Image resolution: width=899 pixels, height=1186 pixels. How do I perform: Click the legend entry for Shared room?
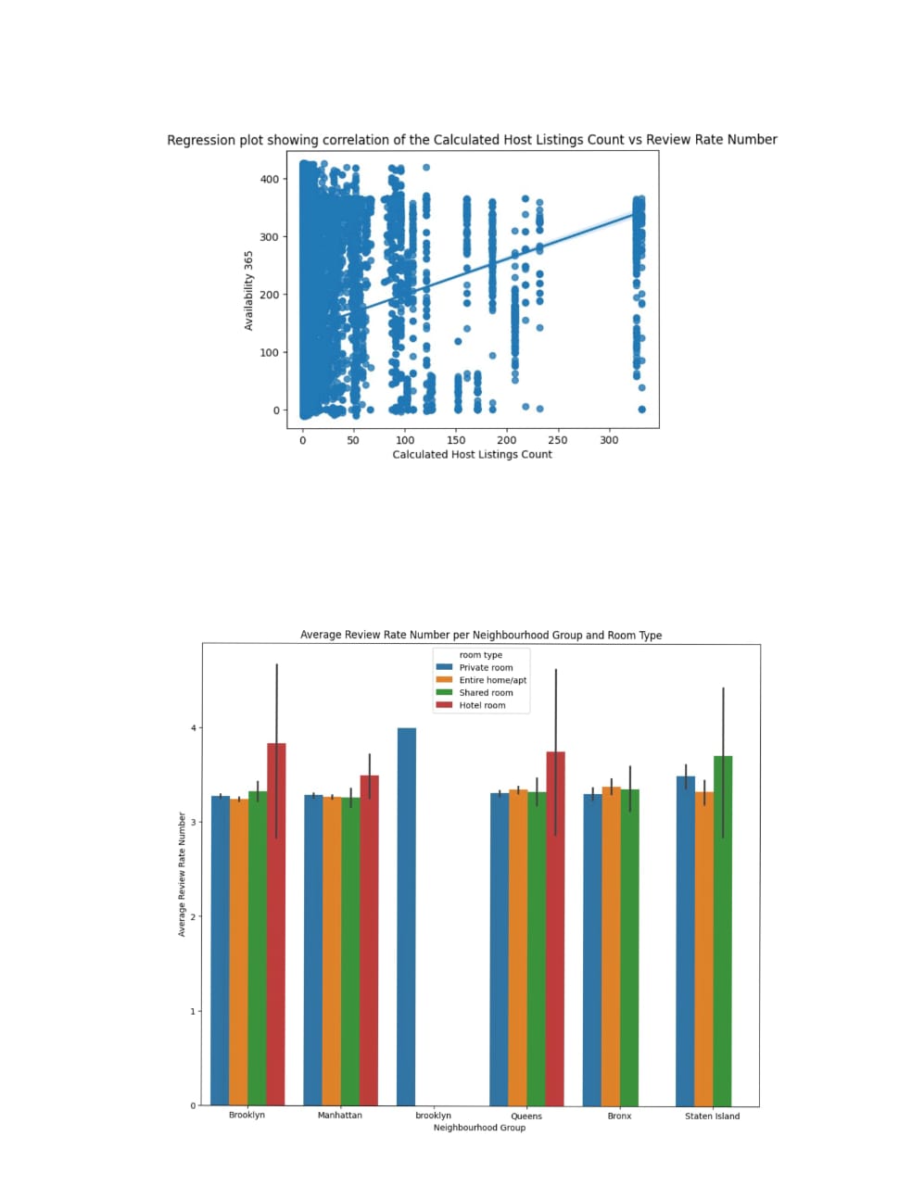(x=486, y=692)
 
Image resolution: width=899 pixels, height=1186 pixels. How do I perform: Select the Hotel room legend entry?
(x=482, y=705)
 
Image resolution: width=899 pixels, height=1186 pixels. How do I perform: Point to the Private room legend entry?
(x=486, y=667)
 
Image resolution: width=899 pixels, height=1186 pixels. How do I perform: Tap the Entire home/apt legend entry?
(x=492, y=680)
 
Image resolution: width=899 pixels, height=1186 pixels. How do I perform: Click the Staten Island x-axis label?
(x=712, y=1116)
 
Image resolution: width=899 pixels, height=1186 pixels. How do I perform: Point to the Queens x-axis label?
(x=526, y=1116)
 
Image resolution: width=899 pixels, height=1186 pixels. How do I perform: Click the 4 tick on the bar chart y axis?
(x=194, y=728)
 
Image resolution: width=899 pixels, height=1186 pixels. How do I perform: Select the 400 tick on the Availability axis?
(x=269, y=179)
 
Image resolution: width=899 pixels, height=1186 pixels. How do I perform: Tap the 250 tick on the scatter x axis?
(x=557, y=440)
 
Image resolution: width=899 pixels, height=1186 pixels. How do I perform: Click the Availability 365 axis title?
(x=248, y=290)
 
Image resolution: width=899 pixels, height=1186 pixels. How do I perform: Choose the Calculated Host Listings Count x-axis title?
(x=472, y=454)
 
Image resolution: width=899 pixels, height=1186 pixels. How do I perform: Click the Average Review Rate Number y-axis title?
(x=182, y=875)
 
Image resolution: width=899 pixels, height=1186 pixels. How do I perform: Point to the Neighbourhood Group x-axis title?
(x=479, y=1128)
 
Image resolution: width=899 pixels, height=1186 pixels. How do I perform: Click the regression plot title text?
(x=472, y=140)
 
